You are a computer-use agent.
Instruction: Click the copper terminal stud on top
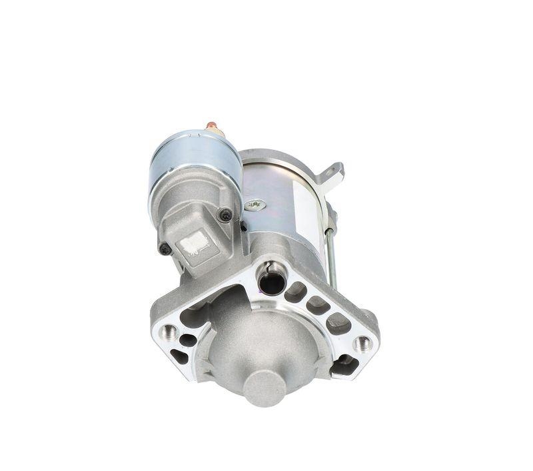click(212, 126)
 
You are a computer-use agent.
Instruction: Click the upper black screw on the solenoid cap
click(225, 214)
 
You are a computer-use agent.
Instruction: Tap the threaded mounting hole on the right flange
click(362, 344)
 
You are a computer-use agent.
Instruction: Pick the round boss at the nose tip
click(263, 386)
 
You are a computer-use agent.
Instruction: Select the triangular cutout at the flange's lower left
click(179, 356)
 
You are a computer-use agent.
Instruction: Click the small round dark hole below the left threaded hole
click(188, 339)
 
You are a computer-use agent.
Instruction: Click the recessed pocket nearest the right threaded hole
click(340, 322)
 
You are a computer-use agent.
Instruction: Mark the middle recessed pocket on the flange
click(318, 306)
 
